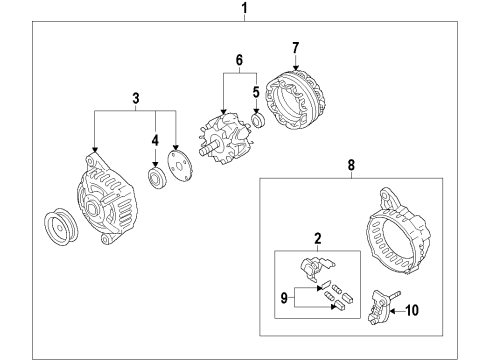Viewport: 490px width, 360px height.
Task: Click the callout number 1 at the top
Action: point(244,11)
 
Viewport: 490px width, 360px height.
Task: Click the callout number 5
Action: point(256,93)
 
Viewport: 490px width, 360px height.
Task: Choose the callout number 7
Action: point(295,47)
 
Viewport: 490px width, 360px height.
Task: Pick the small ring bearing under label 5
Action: point(256,121)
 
